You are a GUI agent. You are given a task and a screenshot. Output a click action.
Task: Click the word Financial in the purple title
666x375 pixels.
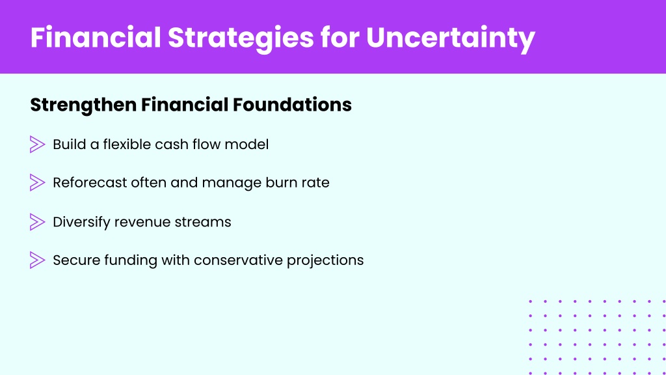(x=96, y=37)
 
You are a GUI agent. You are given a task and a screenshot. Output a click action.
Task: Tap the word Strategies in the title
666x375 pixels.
(x=241, y=39)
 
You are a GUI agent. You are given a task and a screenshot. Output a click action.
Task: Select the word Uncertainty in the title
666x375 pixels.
(x=450, y=39)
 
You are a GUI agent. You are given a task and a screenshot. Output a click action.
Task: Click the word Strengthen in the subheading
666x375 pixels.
(x=83, y=105)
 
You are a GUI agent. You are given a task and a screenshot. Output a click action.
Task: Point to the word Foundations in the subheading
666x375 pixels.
(x=292, y=105)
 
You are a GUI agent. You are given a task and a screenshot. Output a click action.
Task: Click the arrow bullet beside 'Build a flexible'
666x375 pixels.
(x=37, y=144)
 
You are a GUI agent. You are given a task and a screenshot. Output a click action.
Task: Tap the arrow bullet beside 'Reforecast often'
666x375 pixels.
(x=37, y=182)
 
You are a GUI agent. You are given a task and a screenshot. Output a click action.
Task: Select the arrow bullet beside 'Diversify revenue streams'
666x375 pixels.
(x=37, y=222)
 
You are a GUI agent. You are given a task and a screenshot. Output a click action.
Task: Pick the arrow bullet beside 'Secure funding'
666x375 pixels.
(x=37, y=260)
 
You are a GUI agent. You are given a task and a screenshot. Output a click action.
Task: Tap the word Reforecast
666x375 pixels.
(x=90, y=182)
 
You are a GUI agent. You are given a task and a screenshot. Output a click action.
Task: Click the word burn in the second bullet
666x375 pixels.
(x=280, y=182)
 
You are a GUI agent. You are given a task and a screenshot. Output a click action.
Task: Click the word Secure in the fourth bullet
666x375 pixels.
(x=77, y=260)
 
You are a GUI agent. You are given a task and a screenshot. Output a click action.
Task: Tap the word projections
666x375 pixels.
(x=325, y=260)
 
